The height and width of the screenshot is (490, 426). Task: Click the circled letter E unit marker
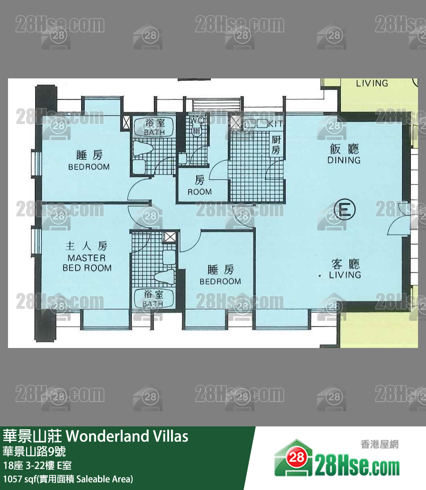(x=344, y=210)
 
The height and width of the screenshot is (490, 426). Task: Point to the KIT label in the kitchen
(x=275, y=124)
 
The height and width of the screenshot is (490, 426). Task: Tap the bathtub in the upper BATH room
(x=154, y=127)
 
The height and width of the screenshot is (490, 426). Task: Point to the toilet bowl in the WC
(x=197, y=132)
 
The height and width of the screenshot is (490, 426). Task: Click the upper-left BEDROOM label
(x=89, y=160)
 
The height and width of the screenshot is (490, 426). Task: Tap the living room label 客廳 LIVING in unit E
(x=345, y=269)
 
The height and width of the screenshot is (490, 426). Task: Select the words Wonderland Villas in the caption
(x=127, y=436)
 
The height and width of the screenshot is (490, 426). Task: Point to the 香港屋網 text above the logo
(x=379, y=444)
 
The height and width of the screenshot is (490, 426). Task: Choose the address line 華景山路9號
(x=34, y=452)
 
